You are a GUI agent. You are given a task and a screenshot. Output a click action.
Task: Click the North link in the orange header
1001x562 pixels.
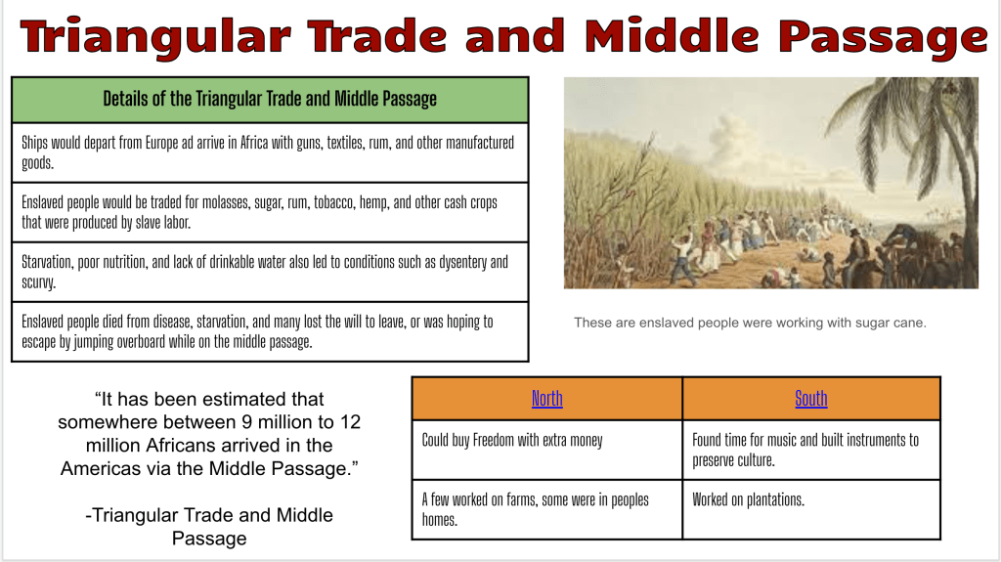pos(547,399)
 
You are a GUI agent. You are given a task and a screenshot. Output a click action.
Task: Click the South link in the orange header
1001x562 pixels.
pos(810,399)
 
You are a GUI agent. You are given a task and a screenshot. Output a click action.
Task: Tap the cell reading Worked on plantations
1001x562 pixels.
pos(811,509)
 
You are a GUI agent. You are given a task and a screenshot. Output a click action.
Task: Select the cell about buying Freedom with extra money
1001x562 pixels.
pos(547,450)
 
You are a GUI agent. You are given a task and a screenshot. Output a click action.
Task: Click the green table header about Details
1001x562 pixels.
pos(270,100)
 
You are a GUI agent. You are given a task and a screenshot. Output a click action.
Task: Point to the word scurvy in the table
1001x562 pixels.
pos(38,282)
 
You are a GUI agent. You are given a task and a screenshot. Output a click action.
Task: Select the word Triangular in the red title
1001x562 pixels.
pos(155,37)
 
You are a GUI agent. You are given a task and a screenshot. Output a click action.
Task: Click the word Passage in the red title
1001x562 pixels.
pos(883,37)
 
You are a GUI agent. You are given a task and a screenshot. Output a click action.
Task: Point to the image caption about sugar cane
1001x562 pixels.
pos(750,323)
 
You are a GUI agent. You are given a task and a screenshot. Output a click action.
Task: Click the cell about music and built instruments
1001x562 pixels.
pos(811,450)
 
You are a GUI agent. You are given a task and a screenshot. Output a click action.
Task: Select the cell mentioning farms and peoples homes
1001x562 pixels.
pos(547,509)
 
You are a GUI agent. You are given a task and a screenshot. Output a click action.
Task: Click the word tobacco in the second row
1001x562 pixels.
pos(334,202)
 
